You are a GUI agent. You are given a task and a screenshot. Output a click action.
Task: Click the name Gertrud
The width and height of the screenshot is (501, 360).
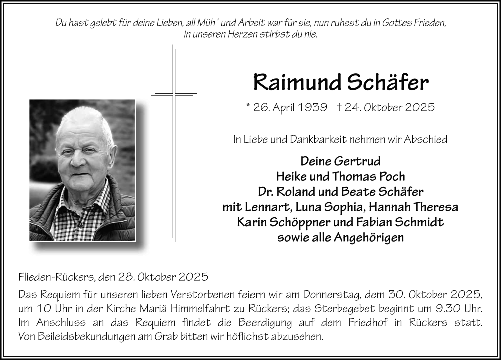359,161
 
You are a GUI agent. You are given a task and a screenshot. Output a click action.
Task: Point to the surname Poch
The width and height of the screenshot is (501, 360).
392,176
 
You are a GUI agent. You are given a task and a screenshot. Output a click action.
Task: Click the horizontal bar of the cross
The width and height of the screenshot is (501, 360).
173,93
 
